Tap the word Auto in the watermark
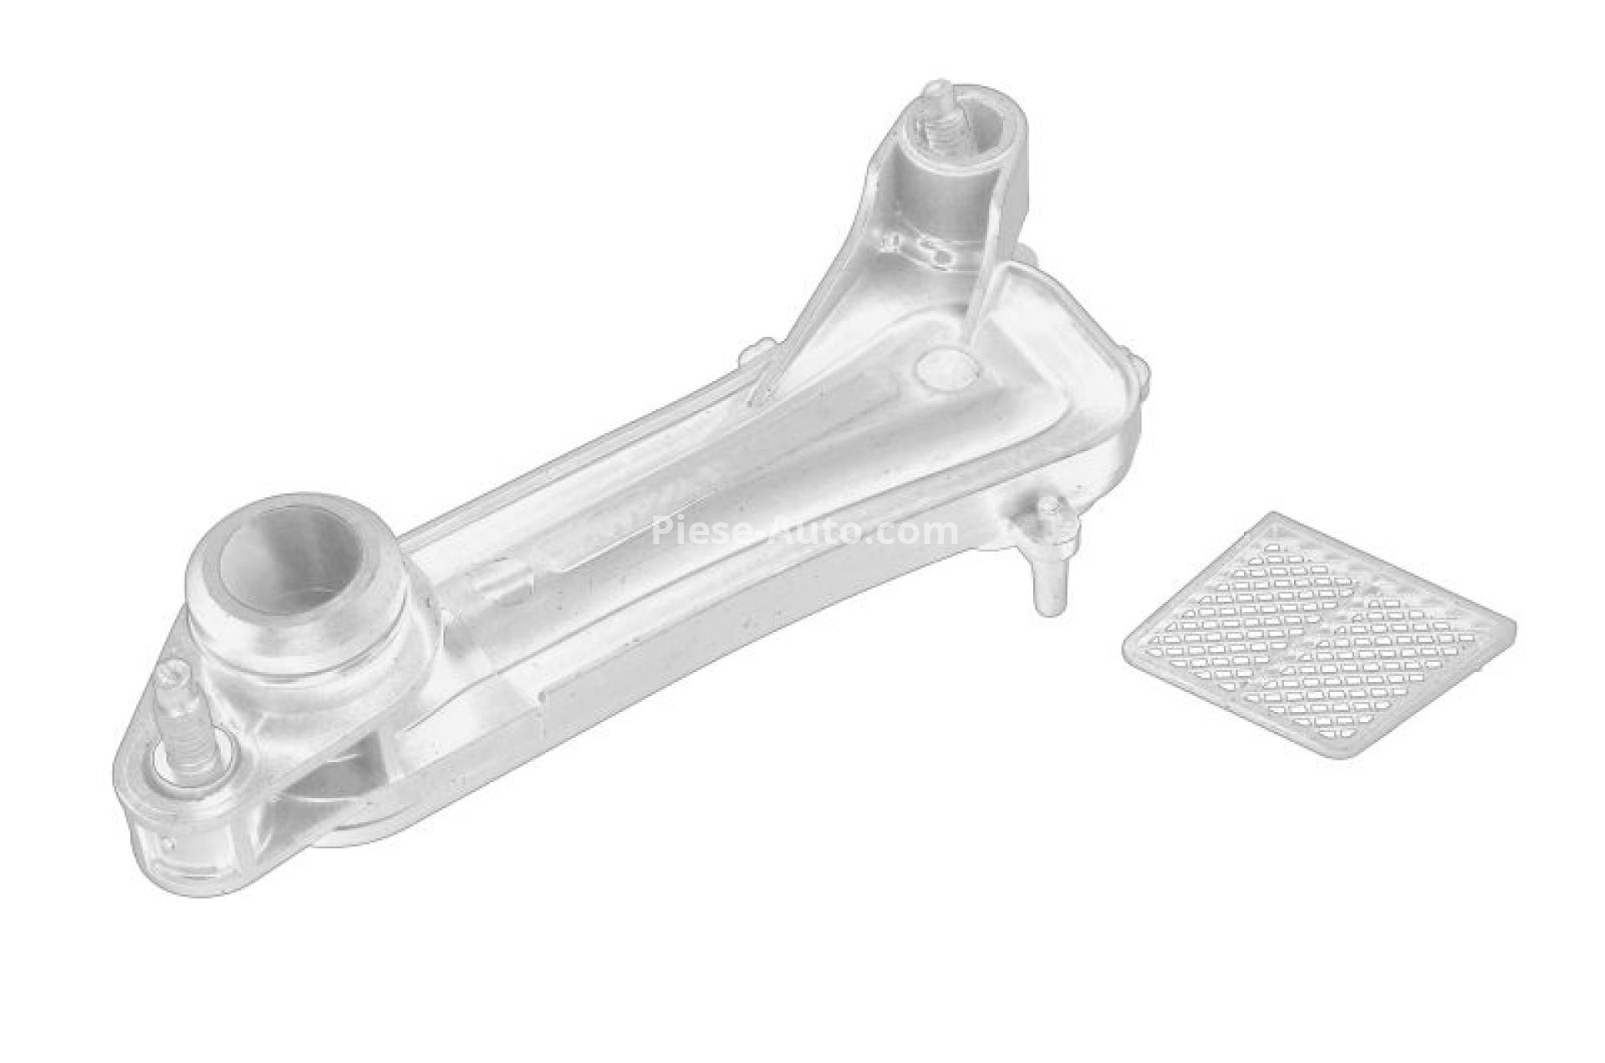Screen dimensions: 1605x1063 807,531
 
